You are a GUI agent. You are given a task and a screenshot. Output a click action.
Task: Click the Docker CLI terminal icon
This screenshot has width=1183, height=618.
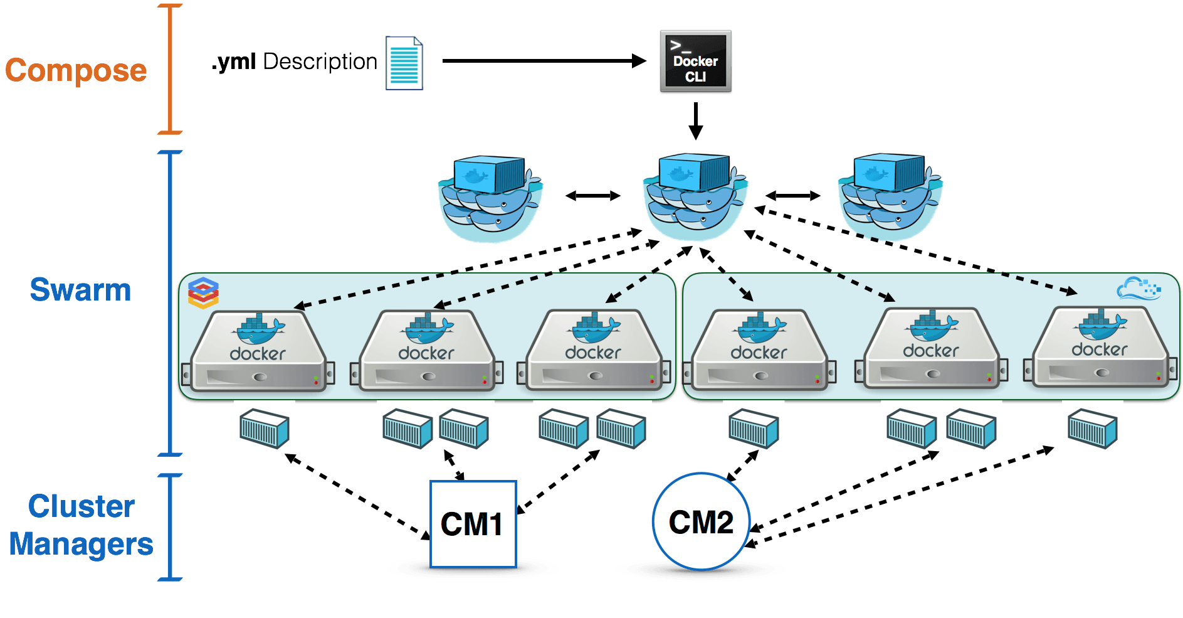click(x=695, y=62)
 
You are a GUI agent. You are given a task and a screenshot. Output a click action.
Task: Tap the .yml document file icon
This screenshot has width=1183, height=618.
click(x=404, y=63)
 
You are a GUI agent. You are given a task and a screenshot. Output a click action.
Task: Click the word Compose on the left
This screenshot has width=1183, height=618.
click(x=76, y=70)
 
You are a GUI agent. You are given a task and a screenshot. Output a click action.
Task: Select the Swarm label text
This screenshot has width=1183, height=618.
click(x=80, y=290)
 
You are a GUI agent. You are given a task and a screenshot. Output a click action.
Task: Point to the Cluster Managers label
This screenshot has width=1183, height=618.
click(x=81, y=525)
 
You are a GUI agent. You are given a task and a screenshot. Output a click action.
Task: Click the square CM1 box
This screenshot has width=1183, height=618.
click(x=473, y=525)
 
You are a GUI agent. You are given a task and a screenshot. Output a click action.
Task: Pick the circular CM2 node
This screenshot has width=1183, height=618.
click(x=701, y=522)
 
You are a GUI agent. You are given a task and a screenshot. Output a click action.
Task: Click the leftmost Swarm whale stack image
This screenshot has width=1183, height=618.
click(x=490, y=196)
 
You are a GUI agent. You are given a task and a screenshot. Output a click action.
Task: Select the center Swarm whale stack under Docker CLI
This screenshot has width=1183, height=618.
click(x=695, y=194)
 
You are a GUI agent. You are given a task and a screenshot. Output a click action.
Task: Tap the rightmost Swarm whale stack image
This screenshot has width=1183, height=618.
click(x=890, y=194)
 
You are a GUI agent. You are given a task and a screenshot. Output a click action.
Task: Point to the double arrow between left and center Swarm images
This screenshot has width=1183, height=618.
click(x=592, y=196)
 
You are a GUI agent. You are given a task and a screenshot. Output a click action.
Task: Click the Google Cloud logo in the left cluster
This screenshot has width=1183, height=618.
click(x=204, y=293)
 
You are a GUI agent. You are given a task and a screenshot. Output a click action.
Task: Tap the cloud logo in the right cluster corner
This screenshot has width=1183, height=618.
click(x=1138, y=289)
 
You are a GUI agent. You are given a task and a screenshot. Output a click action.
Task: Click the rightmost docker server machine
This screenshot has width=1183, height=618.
click(x=1100, y=348)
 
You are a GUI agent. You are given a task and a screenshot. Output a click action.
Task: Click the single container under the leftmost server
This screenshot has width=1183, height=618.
click(x=264, y=428)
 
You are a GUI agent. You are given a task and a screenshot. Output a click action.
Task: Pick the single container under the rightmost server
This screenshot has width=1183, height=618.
click(x=1092, y=428)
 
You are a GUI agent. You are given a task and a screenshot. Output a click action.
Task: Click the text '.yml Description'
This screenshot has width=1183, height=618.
click(x=294, y=61)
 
